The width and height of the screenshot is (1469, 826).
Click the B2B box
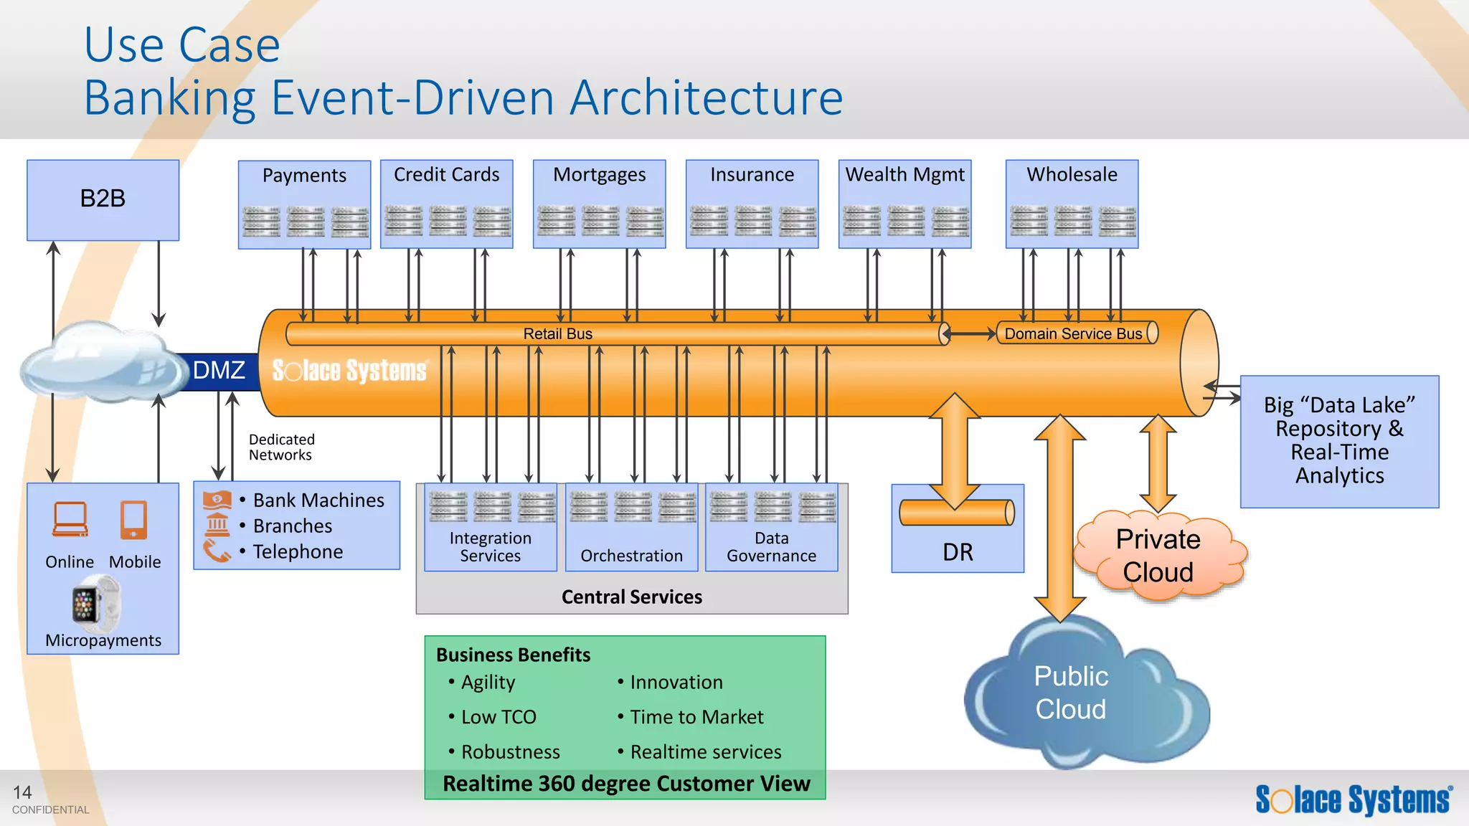(x=103, y=199)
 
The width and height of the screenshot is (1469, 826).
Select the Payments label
(x=304, y=176)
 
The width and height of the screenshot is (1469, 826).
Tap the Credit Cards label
(x=446, y=175)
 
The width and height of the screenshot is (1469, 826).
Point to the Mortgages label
(x=599, y=175)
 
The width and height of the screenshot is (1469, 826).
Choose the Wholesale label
(x=1072, y=175)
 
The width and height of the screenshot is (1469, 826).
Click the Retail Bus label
(x=557, y=334)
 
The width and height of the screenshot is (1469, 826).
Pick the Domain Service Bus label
(x=1072, y=334)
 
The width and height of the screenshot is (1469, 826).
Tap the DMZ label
(x=219, y=371)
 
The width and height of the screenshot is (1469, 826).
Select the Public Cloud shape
(x=1071, y=693)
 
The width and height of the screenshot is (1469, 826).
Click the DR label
(x=958, y=553)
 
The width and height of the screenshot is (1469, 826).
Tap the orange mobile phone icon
(x=134, y=520)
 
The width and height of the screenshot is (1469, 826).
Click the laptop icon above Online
(x=70, y=520)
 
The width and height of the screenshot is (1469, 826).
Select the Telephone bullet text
(x=298, y=552)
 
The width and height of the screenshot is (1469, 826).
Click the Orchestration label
(x=631, y=556)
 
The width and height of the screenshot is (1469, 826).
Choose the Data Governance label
(x=771, y=547)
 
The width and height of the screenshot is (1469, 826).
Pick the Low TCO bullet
(x=499, y=717)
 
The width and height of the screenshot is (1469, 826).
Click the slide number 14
(x=22, y=792)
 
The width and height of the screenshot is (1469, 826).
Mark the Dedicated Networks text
(x=281, y=447)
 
